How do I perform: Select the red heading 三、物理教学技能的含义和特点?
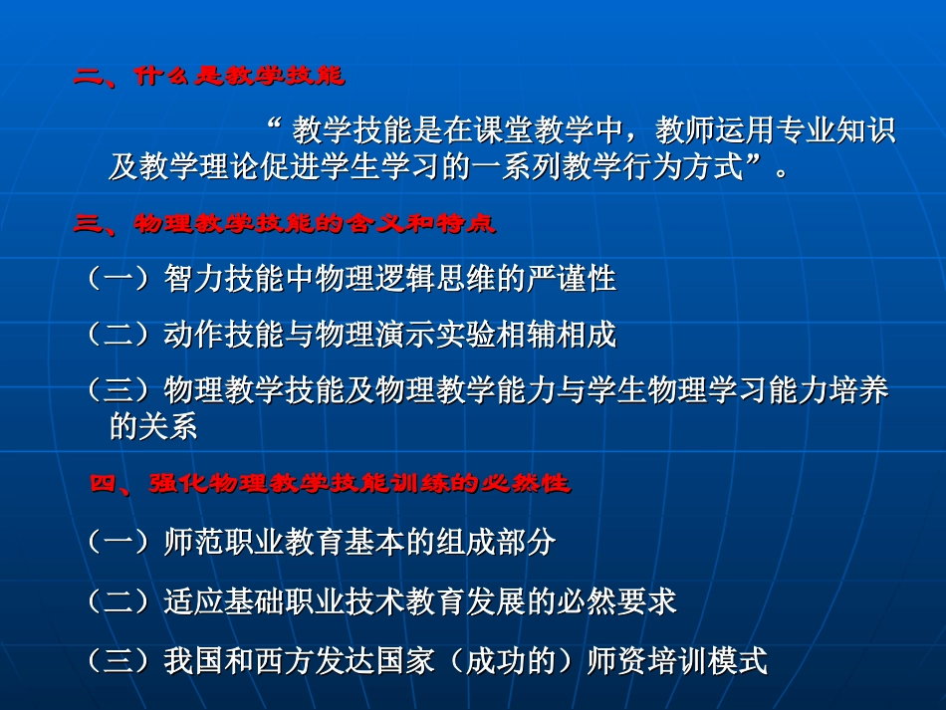[284, 225]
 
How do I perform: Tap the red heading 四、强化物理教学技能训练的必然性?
[330, 485]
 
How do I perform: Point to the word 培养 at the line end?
[862, 391]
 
